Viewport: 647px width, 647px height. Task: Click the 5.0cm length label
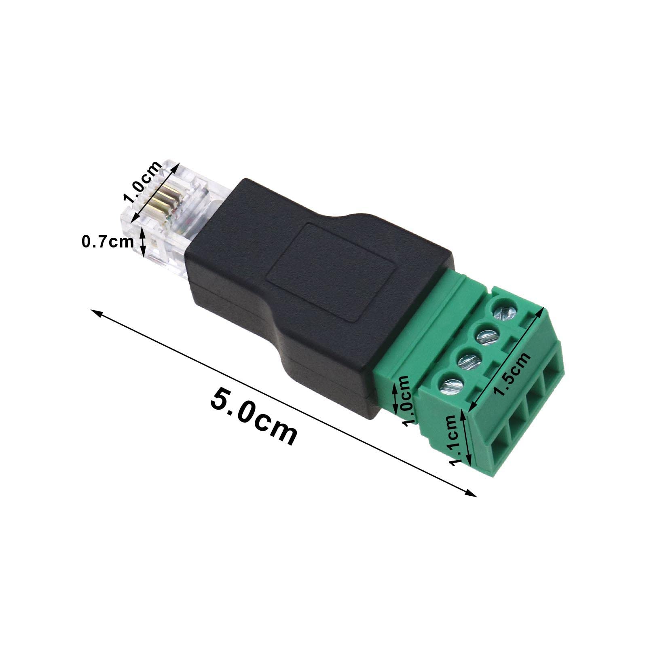[254, 416]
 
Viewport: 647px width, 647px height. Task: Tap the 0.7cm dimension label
[108, 242]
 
